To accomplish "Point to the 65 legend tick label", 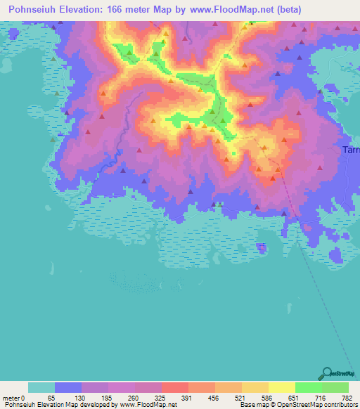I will pos(51,397).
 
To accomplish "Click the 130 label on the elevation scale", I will pos(79,397).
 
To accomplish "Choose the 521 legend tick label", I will pos(240,397).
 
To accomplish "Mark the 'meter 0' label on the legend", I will pos(15,397).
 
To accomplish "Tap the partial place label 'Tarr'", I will pos(350,150).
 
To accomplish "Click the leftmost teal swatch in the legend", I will pos(41,387).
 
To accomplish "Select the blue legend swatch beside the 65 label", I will pos(67,387).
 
